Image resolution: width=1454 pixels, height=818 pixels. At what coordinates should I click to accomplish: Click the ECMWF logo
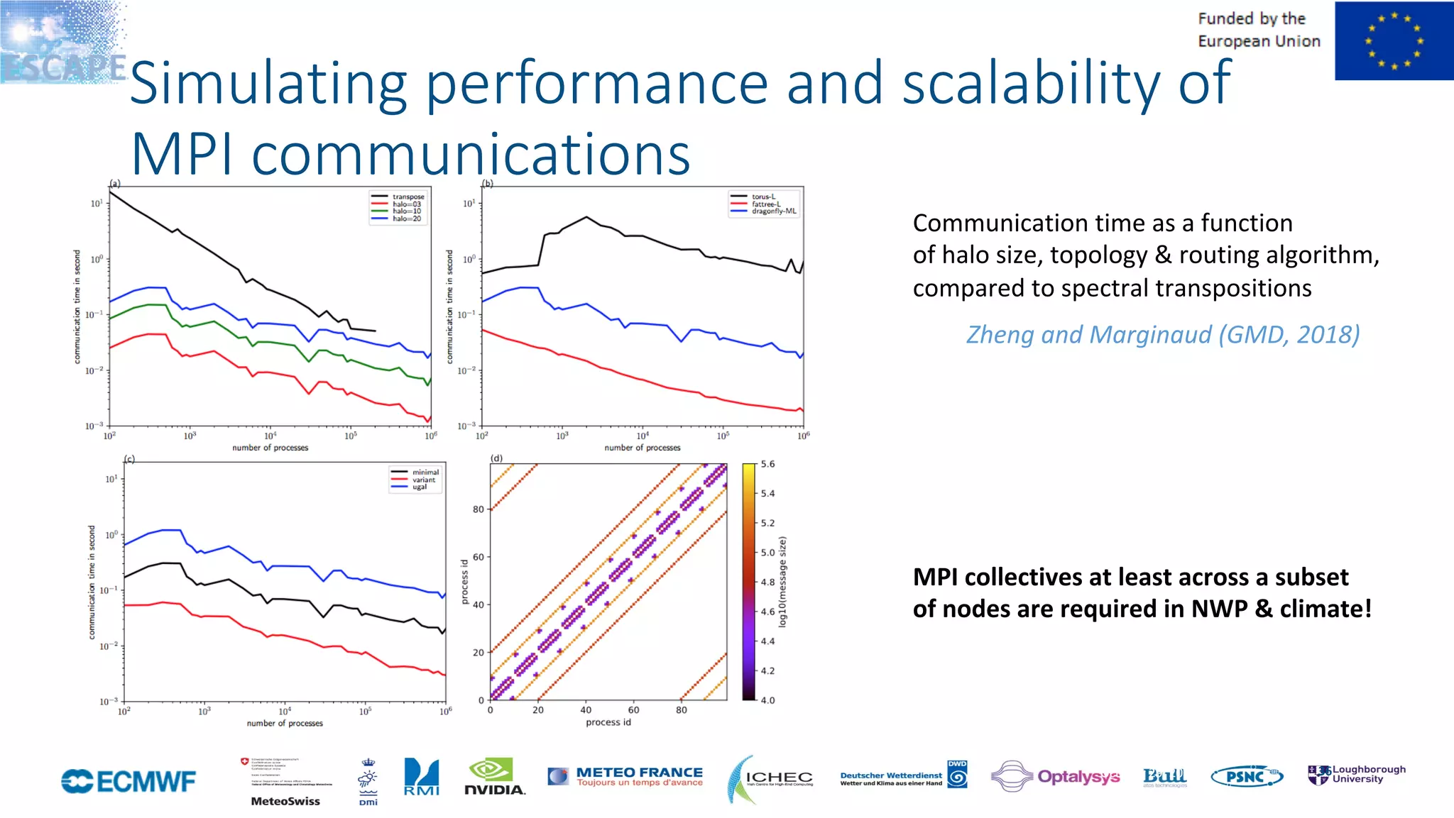pyautogui.click(x=129, y=781)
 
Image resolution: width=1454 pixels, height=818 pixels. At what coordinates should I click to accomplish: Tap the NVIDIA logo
pyautogui.click(x=494, y=778)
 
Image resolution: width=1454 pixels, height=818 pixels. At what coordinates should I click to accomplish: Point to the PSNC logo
pyautogui.click(x=1247, y=777)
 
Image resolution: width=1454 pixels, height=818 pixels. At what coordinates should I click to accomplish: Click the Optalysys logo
pyautogui.click(x=1056, y=777)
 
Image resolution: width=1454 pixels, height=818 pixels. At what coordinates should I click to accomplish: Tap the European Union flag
pyautogui.click(x=1393, y=40)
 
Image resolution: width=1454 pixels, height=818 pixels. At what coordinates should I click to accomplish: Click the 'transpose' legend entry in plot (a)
pyautogui.click(x=408, y=197)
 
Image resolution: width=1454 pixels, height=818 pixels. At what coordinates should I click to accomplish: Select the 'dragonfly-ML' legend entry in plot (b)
pyautogui.click(x=773, y=211)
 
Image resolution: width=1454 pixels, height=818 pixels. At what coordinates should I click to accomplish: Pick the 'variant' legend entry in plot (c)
pyautogui.click(x=423, y=480)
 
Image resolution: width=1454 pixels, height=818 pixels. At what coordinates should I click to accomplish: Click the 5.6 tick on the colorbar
pyautogui.click(x=767, y=464)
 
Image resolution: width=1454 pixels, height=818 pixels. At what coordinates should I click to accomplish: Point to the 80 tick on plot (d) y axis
pyautogui.click(x=478, y=509)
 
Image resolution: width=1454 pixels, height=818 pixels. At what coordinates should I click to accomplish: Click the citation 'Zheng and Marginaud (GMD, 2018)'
pyautogui.click(x=1163, y=334)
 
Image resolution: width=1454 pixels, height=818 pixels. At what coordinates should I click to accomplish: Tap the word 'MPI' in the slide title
pyautogui.click(x=182, y=155)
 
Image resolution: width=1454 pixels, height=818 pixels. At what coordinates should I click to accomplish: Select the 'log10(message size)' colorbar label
pyautogui.click(x=782, y=582)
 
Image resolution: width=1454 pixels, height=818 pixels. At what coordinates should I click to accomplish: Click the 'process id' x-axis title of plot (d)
pyautogui.click(x=608, y=722)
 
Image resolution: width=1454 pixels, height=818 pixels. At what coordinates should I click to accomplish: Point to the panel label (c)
pyautogui.click(x=129, y=459)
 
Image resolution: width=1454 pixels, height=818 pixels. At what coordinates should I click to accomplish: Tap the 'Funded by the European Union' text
pyautogui.click(x=1258, y=30)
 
